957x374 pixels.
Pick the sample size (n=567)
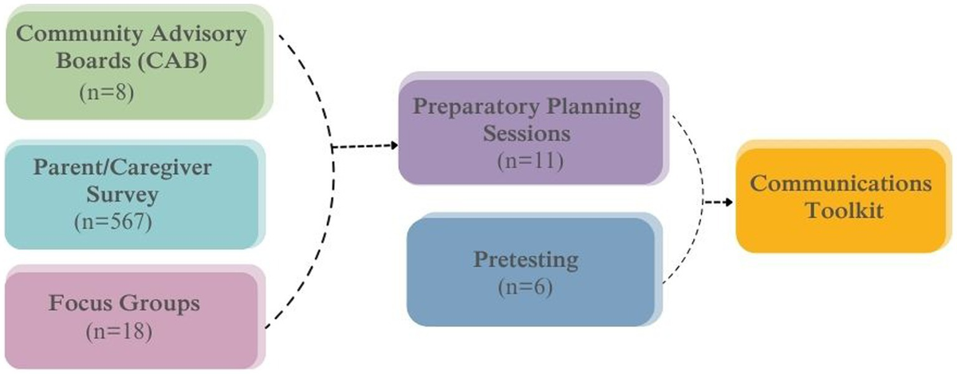(112, 221)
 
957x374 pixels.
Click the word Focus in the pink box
(81, 303)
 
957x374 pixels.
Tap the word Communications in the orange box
(842, 184)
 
